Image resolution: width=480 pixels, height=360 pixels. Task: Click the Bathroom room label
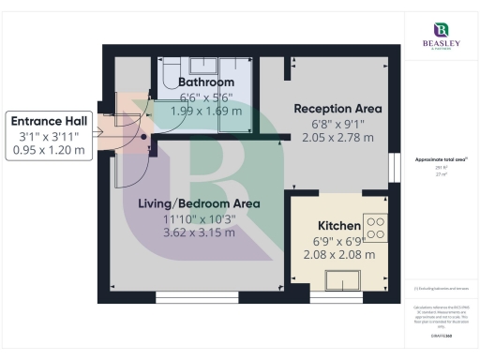point(206,82)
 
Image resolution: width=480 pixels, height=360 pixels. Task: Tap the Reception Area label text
point(338,108)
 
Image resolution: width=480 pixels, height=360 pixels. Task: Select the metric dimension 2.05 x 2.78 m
point(338,137)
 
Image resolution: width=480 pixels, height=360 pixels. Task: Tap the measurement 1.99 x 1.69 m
point(206,110)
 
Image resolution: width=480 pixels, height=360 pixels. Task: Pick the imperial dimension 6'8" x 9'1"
point(338,123)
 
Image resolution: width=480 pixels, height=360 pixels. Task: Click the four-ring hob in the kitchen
point(376,228)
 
